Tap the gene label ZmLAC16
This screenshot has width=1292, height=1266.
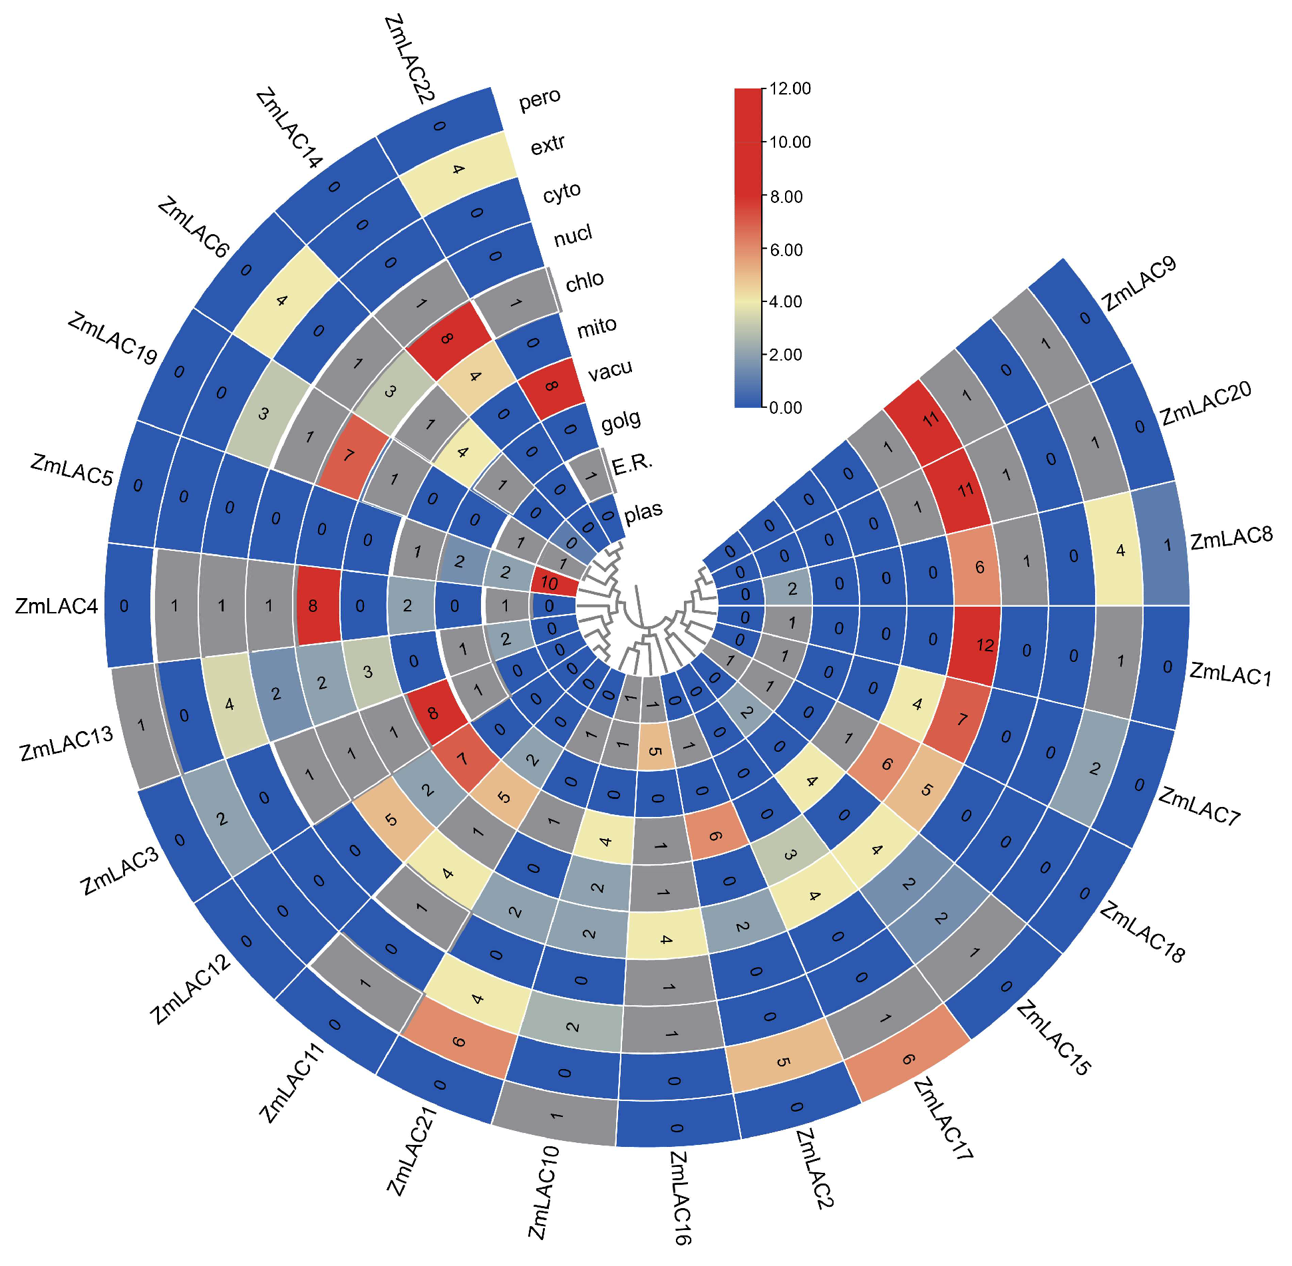680,1197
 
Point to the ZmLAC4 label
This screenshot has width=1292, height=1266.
56,606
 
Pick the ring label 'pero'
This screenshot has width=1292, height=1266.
540,99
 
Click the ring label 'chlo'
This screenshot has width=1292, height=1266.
584,281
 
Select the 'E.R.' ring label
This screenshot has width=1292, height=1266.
632,464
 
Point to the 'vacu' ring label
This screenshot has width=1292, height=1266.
609,370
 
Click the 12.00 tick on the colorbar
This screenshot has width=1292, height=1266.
790,88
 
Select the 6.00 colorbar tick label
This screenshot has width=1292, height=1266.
786,250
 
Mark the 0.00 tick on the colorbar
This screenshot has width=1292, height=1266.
786,407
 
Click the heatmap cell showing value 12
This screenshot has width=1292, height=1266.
985,645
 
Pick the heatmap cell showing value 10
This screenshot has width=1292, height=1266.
549,583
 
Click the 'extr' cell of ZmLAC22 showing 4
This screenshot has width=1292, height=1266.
458,169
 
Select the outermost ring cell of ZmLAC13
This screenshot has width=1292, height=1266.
142,724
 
